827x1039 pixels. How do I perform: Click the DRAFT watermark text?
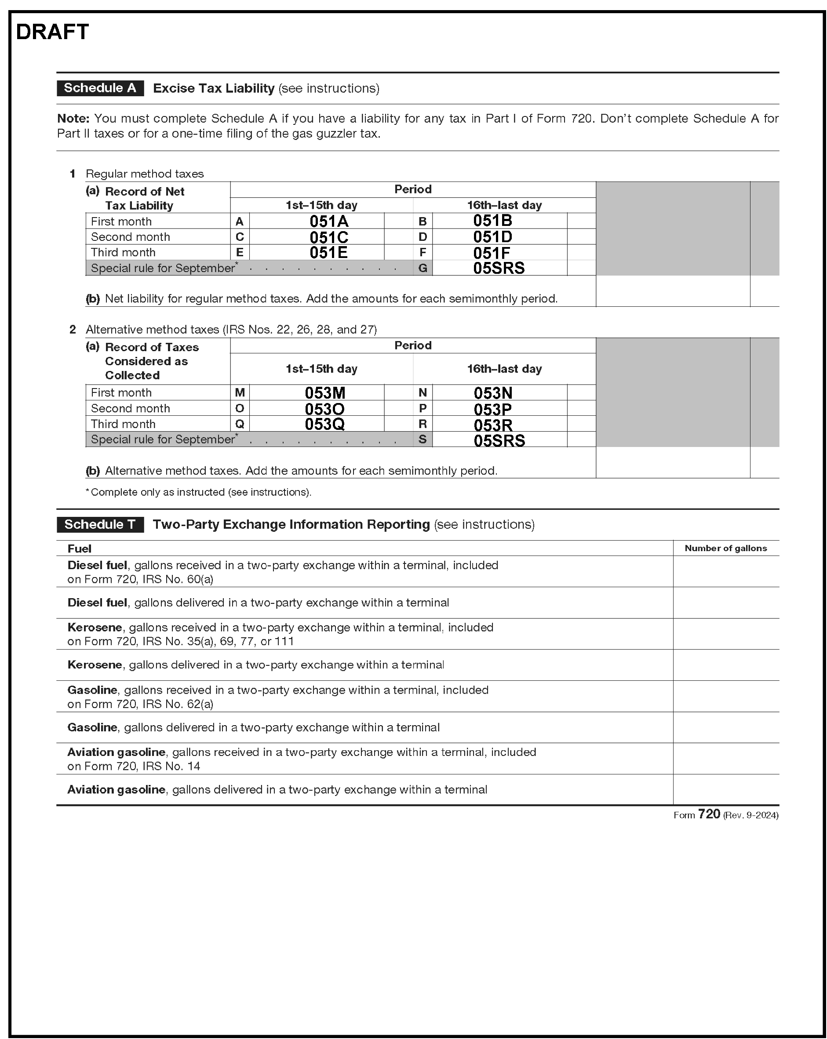click(x=52, y=32)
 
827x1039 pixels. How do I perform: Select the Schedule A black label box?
click(x=100, y=88)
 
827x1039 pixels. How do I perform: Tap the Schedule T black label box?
click(x=100, y=524)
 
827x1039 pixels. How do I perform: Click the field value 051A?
click(x=328, y=222)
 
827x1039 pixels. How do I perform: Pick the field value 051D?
click(x=492, y=237)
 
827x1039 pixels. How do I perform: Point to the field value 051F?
click(x=491, y=253)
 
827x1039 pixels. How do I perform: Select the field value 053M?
click(x=324, y=393)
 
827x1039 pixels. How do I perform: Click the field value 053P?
click(x=492, y=410)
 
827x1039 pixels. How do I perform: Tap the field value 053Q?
click(x=324, y=424)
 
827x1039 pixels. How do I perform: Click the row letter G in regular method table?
click(x=423, y=269)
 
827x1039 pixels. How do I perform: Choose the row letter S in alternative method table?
click(x=423, y=440)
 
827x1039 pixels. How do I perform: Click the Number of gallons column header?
click(x=725, y=549)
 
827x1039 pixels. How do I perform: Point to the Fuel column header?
click(x=80, y=549)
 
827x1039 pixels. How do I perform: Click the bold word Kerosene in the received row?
click(x=95, y=628)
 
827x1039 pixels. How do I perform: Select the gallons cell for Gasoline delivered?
click(x=725, y=728)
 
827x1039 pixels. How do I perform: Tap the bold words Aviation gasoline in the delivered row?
click(x=116, y=790)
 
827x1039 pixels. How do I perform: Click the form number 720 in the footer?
click(x=709, y=814)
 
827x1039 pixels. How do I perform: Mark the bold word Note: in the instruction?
click(x=73, y=119)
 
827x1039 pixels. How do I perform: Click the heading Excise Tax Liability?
click(x=214, y=89)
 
